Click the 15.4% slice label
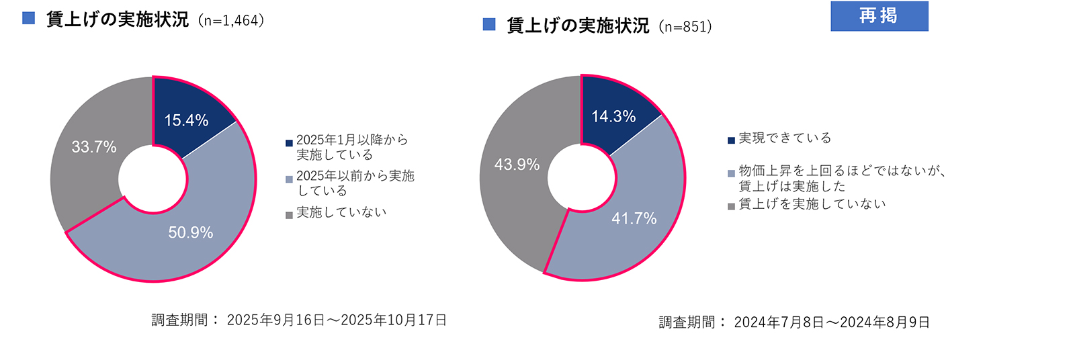[186, 120]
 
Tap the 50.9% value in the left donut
[190, 232]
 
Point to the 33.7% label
[94, 146]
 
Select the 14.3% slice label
[613, 116]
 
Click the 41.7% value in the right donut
[634, 218]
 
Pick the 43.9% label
[517, 165]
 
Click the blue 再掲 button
[879, 16]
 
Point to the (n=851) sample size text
[685, 27]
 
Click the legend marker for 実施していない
[289, 215]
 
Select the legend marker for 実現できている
[731, 140]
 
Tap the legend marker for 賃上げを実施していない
[731, 206]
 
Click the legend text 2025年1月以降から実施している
[351, 147]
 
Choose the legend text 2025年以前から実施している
[355, 183]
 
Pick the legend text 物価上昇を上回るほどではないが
[842, 171]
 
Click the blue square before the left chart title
[28, 18]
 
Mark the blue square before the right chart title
[489, 25]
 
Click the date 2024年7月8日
[779, 323]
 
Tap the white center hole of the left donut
[153, 179]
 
